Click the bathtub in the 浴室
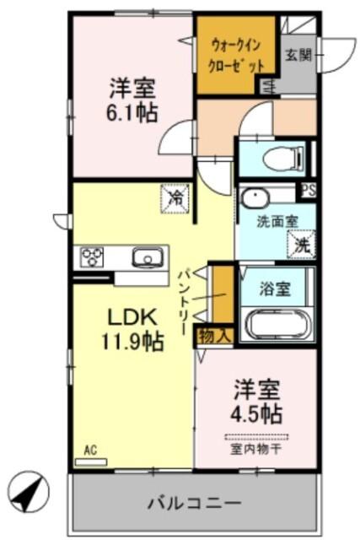(x=276, y=324)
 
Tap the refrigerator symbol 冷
(x=176, y=198)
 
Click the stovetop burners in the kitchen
(x=92, y=256)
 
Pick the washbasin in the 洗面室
(x=254, y=198)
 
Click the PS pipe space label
(x=308, y=191)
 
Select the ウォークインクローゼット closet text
(x=236, y=56)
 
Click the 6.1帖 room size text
(x=132, y=114)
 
